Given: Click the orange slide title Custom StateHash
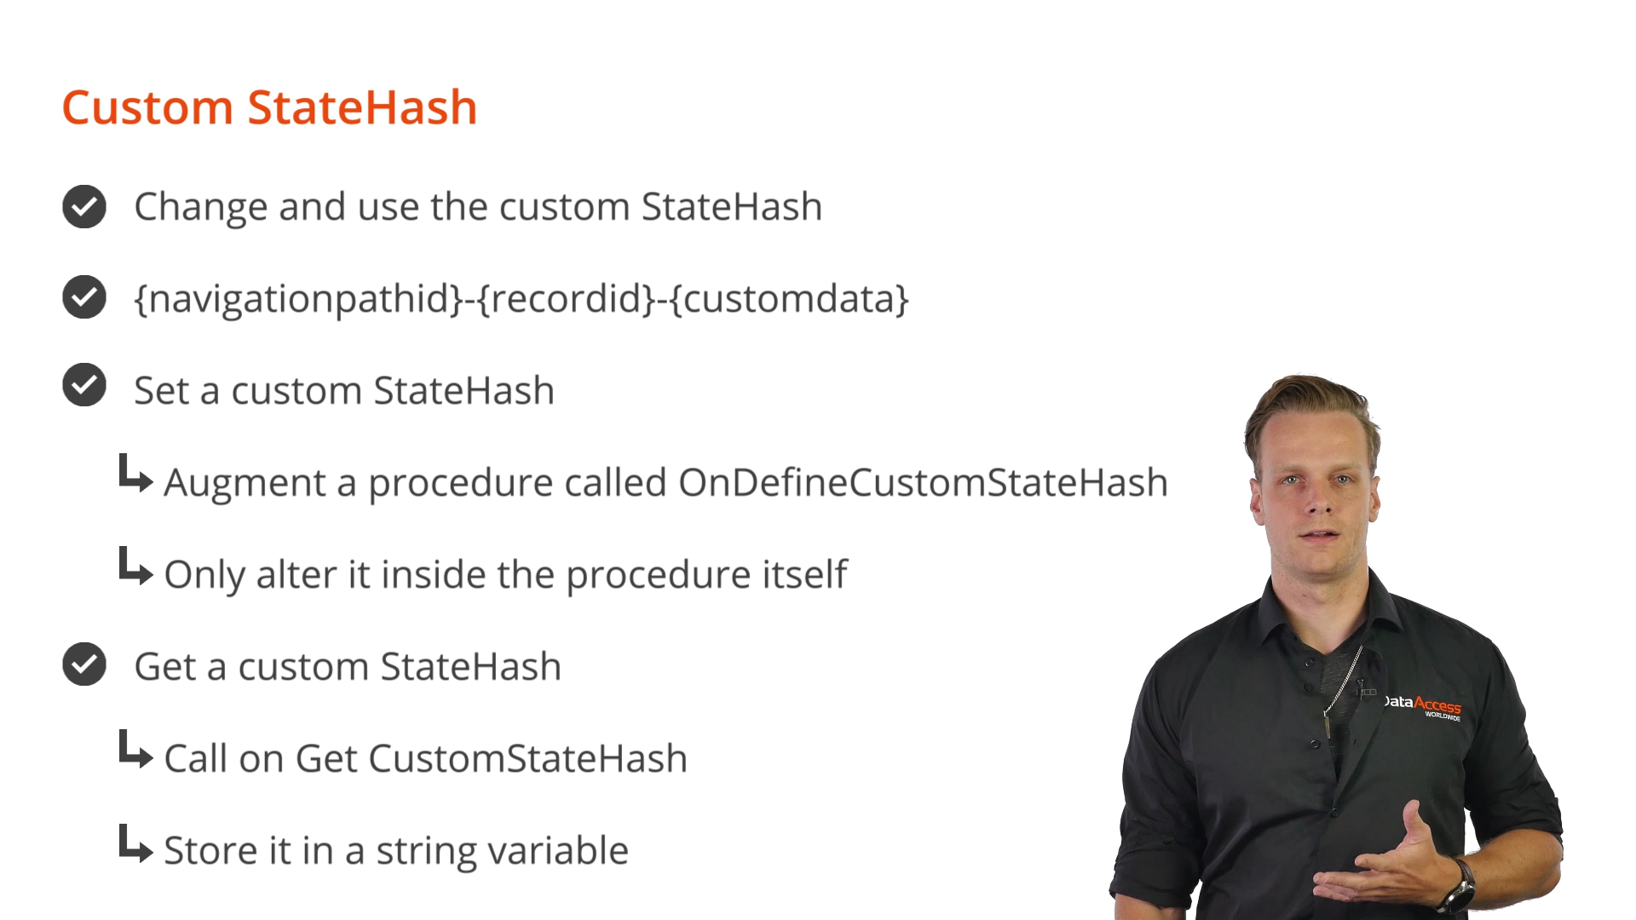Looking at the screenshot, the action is [x=269, y=108].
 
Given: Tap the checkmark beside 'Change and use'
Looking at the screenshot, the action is [x=84, y=206].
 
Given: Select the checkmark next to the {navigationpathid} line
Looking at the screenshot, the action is [x=84, y=297].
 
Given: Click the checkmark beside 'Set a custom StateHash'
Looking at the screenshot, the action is [x=84, y=385].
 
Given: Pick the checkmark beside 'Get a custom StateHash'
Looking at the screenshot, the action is [x=84, y=664].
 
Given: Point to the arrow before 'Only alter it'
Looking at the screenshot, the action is [x=135, y=566].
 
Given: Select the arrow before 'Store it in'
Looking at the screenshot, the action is [x=135, y=843].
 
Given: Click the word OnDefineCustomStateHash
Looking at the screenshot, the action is [x=923, y=483].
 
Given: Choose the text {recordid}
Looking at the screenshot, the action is [x=567, y=299].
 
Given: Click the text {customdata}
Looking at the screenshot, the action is [x=790, y=299].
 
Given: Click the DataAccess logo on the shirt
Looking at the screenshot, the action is [x=1422, y=706].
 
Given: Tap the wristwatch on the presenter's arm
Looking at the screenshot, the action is [x=1459, y=886].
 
